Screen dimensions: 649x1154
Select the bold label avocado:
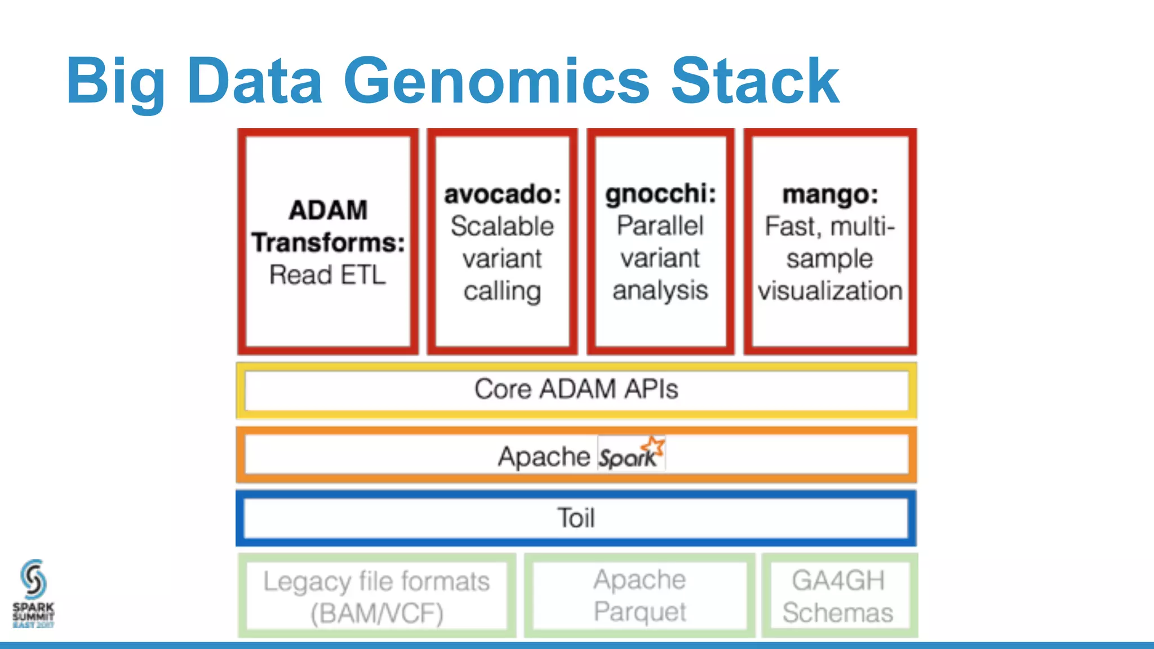(503, 194)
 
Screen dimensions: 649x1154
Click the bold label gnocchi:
(660, 194)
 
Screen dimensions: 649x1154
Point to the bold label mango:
(830, 194)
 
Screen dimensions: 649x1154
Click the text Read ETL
(327, 275)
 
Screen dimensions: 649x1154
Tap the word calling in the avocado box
(502, 291)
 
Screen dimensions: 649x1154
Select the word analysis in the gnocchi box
(660, 291)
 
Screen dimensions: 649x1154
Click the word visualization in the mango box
(830, 291)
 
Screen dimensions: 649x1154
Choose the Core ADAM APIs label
(576, 389)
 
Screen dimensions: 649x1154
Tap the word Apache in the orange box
(544, 456)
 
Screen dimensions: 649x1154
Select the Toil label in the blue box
(576, 518)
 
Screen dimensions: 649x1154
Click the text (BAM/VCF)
(376, 614)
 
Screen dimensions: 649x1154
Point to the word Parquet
(640, 612)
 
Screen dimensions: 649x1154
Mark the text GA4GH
(838, 580)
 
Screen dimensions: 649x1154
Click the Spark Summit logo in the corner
(33, 593)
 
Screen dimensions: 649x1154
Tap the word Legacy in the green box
(307, 582)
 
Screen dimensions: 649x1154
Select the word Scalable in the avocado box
(502, 226)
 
